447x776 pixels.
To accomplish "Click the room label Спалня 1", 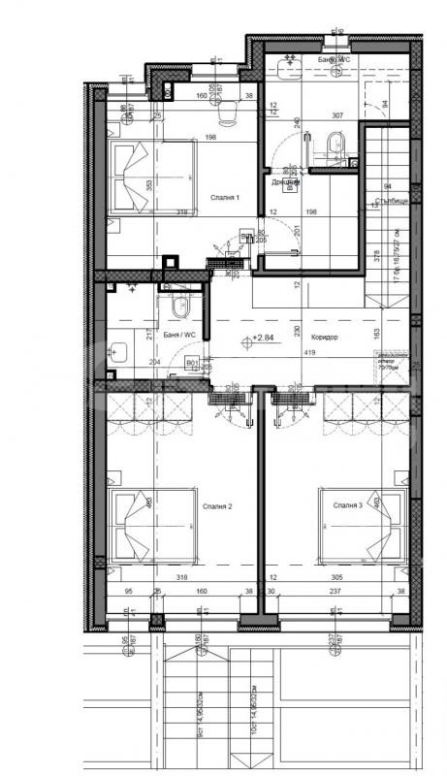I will pos(225,198).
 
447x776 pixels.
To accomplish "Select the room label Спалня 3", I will pos(347,505).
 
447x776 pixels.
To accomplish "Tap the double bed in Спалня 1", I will pos(131,177).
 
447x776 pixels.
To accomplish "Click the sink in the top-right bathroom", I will pos(289,66).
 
